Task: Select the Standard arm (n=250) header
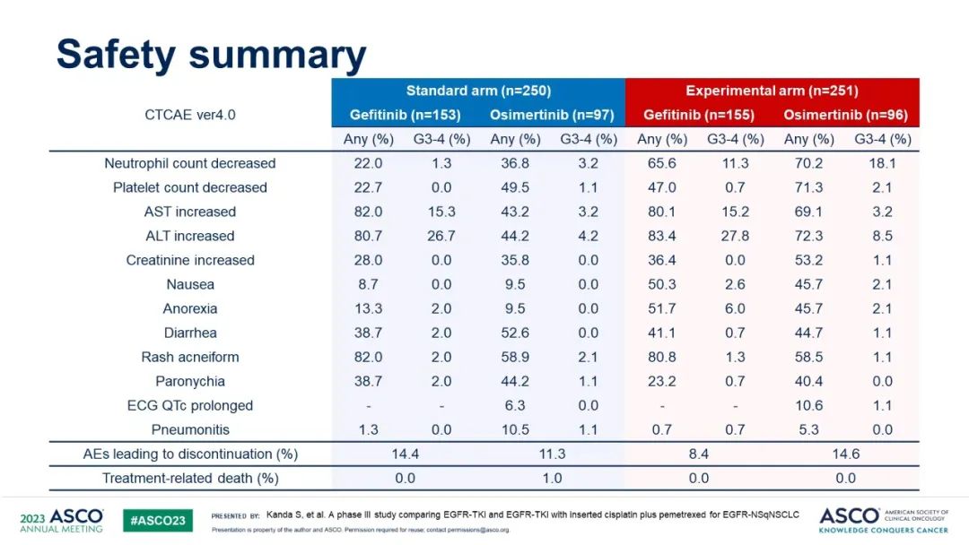(x=478, y=91)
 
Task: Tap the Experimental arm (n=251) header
(x=772, y=91)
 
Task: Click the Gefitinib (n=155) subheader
(x=699, y=115)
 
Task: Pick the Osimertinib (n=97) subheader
(x=552, y=115)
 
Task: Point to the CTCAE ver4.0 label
(x=190, y=115)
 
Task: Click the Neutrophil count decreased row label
(x=190, y=163)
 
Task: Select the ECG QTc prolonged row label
(x=190, y=405)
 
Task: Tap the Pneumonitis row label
(x=190, y=429)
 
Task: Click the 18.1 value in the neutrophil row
(x=882, y=163)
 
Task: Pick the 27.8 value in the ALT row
(x=735, y=236)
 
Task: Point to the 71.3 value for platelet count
(x=808, y=187)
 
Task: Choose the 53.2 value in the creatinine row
(x=808, y=260)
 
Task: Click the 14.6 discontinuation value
(x=845, y=454)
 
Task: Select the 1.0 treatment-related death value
(x=552, y=478)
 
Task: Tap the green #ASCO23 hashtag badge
(x=157, y=521)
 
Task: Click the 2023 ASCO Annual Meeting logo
(x=61, y=521)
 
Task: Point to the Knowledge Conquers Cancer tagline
(x=883, y=530)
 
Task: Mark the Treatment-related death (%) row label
(x=190, y=478)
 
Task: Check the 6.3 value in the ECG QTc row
(x=515, y=405)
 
